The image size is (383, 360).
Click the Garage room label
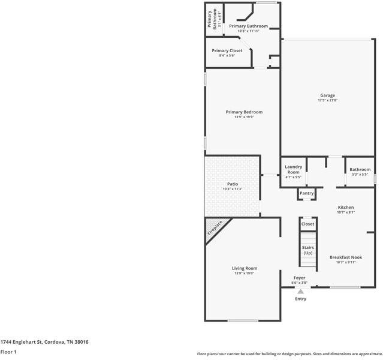pyautogui.click(x=327, y=95)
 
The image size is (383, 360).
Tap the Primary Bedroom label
pyautogui.click(x=244, y=112)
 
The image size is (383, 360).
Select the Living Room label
pyautogui.click(x=245, y=268)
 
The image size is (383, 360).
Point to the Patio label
pyautogui.click(x=233, y=184)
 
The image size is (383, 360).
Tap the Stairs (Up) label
pyautogui.click(x=307, y=250)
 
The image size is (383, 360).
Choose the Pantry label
pyautogui.click(x=306, y=193)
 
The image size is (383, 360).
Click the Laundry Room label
pyautogui.click(x=293, y=169)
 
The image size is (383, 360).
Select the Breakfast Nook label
pyautogui.click(x=346, y=257)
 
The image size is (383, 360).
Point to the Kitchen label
pyautogui.click(x=346, y=207)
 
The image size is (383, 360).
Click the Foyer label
pyautogui.click(x=299, y=278)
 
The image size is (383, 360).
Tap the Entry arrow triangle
pyautogui.click(x=300, y=292)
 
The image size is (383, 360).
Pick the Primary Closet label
pyautogui.click(x=227, y=50)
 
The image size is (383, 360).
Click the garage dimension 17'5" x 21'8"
pyautogui.click(x=327, y=101)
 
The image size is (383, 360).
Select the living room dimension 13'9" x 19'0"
pyautogui.click(x=245, y=274)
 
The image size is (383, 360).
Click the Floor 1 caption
pyautogui.click(x=8, y=352)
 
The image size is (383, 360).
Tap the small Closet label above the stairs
pyautogui.click(x=307, y=224)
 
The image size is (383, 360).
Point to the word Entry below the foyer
pyautogui.click(x=300, y=299)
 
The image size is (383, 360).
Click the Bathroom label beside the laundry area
pyautogui.click(x=360, y=169)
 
